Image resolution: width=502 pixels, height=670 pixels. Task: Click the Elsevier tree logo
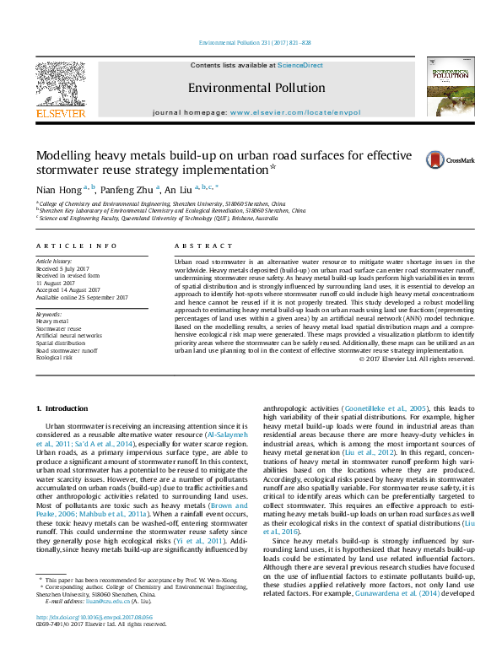[60, 82]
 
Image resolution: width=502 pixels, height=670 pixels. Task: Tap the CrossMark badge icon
[435, 159]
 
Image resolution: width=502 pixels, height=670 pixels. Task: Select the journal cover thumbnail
[451, 86]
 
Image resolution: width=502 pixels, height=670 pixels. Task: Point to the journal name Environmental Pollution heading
[256, 88]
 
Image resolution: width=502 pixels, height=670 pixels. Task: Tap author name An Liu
[177, 189]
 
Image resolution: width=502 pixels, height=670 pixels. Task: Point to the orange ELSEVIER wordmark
[60, 112]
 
